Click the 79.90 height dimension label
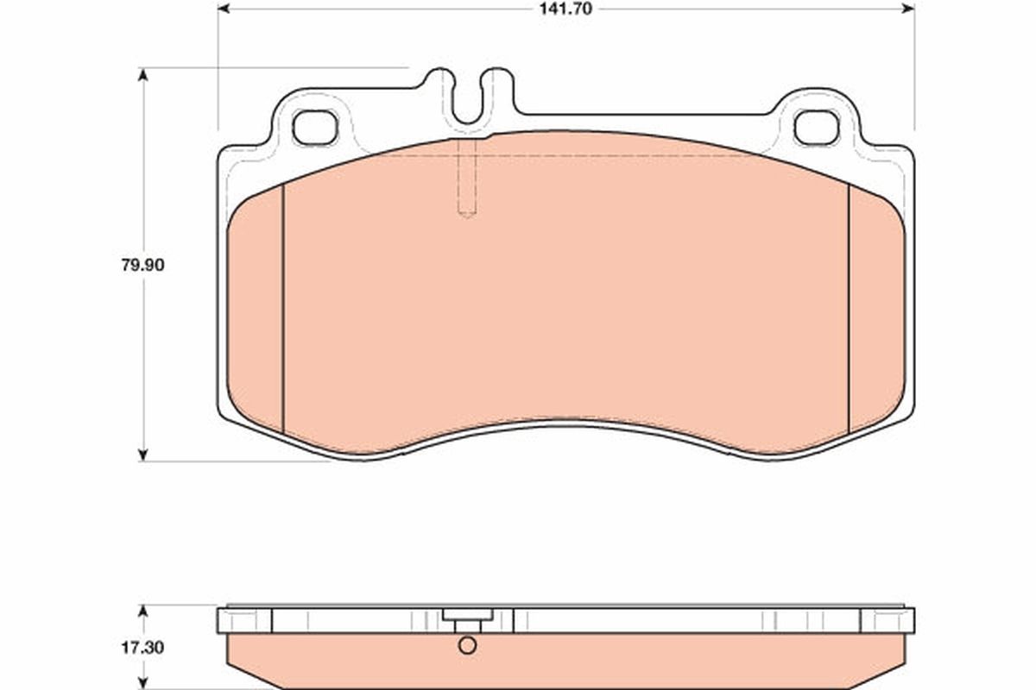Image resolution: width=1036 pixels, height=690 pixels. [x=142, y=265]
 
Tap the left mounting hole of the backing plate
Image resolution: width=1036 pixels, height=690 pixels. [x=313, y=128]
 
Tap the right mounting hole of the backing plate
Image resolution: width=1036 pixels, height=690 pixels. [x=815, y=128]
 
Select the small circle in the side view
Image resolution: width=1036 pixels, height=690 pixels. [x=467, y=645]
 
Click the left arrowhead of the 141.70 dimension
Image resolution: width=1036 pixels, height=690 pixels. [x=223, y=9]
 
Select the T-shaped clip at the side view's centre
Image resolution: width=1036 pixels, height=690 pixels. [x=467, y=618]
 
